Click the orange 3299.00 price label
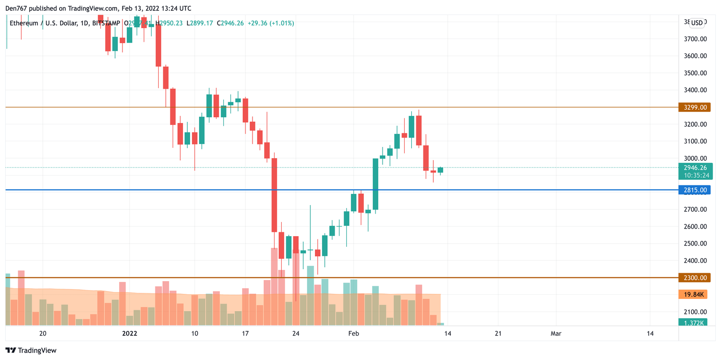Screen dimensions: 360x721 point(694,107)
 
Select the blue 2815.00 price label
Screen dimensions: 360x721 point(694,190)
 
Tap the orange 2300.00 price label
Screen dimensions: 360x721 point(694,278)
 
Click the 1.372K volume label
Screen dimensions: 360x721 point(693,322)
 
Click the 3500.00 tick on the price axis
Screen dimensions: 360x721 point(695,73)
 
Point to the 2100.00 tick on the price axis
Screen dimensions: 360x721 point(695,312)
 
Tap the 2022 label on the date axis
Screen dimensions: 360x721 point(130,334)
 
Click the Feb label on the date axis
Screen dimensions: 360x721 point(353,334)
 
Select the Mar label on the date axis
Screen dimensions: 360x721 point(556,334)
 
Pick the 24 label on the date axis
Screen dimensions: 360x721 point(296,334)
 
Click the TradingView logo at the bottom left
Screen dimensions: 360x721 point(31,350)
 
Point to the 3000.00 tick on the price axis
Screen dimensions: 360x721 point(695,158)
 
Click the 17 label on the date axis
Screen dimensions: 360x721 point(245,334)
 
